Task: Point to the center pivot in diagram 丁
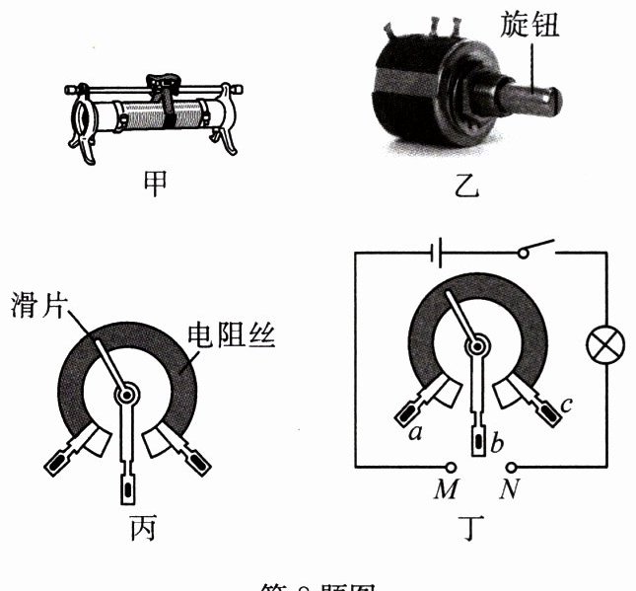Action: click(478, 345)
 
